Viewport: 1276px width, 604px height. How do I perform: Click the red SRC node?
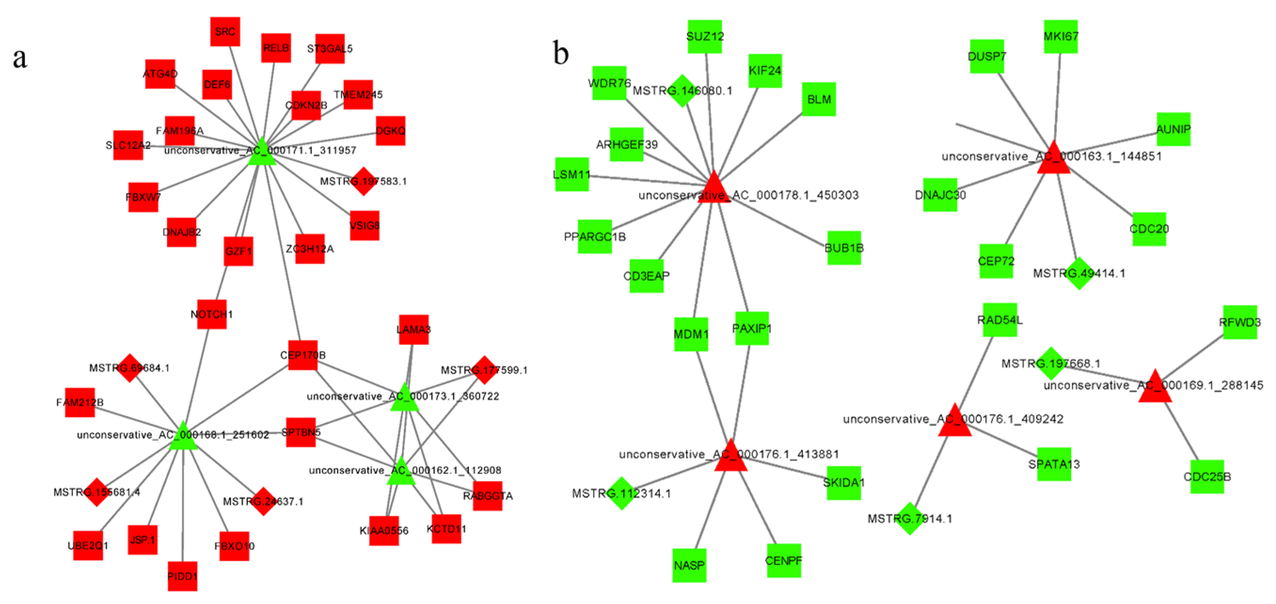pyautogui.click(x=225, y=32)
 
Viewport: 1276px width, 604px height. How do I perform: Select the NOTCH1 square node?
pyautogui.click(x=212, y=314)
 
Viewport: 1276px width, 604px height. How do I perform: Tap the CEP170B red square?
pyautogui.click(x=302, y=355)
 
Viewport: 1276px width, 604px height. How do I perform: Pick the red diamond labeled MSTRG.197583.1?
pyautogui.click(x=364, y=182)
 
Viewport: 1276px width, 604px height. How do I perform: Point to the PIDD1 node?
pyautogui.click(x=182, y=576)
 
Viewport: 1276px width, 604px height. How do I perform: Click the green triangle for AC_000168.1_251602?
pyautogui.click(x=183, y=437)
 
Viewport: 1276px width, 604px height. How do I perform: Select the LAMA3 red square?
pyautogui.click(x=413, y=329)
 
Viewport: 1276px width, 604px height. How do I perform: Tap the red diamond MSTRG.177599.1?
pyautogui.click(x=484, y=370)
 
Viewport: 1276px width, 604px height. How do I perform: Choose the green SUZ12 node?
pyautogui.click(x=705, y=37)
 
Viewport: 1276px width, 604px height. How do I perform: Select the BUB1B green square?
pyautogui.click(x=844, y=248)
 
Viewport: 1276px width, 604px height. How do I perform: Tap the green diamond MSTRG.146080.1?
pyautogui.click(x=682, y=91)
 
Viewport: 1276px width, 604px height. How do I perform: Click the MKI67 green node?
pyautogui.click(x=1061, y=37)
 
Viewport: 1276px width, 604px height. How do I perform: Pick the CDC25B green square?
pyautogui.click(x=1207, y=476)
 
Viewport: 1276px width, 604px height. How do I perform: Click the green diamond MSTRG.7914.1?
pyautogui.click(x=910, y=518)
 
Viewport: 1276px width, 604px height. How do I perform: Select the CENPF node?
pyautogui.click(x=784, y=560)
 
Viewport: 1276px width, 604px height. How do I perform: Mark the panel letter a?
pyautogui.click(x=20, y=58)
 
